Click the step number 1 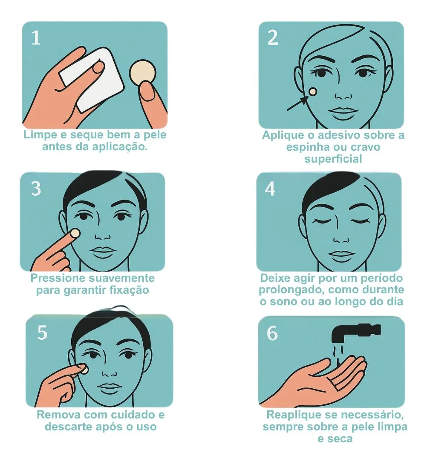point(36,38)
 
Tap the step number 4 point(270,189)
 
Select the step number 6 point(272,334)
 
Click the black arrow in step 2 point(298,103)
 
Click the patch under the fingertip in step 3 point(75,233)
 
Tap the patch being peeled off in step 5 point(84,370)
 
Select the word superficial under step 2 point(333,159)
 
